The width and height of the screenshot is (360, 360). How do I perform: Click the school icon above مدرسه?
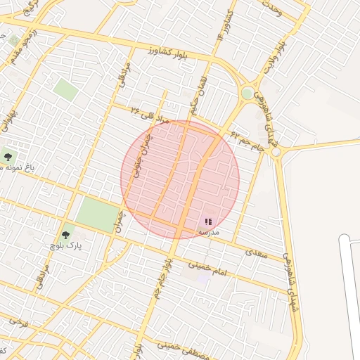pos(208,221)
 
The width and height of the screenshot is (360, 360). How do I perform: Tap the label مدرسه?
pos(208,231)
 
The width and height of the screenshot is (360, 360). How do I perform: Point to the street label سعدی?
pos(257,253)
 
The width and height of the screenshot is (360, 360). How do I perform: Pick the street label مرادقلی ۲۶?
pos(150,115)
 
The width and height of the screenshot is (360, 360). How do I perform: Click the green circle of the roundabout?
pos(247,93)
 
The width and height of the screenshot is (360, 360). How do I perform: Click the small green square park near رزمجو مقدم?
pos(15,40)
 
